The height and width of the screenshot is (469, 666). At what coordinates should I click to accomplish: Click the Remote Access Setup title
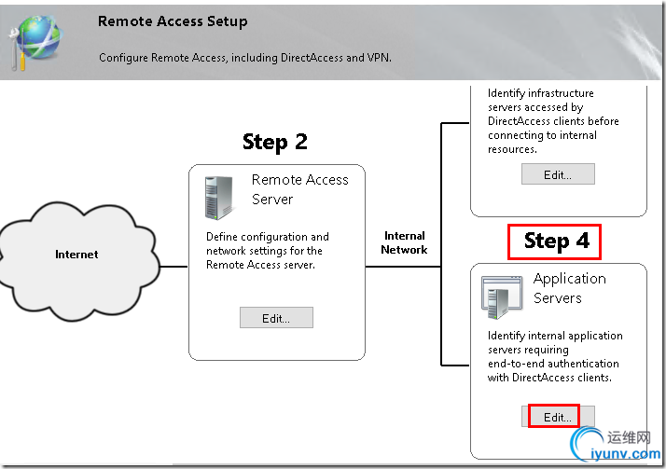coord(173,21)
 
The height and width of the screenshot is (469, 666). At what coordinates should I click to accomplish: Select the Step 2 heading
coord(275,142)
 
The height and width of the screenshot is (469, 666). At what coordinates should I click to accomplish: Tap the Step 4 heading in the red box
coord(557,241)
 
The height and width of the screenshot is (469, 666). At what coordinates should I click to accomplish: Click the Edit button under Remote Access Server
coord(276,318)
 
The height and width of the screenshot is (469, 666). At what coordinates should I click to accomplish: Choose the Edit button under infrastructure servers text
coord(558,174)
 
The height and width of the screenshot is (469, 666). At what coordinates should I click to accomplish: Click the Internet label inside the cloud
coord(76,255)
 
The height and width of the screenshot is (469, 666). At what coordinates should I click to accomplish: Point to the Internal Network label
coord(404,242)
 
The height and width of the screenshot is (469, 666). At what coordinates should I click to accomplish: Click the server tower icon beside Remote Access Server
coord(219,198)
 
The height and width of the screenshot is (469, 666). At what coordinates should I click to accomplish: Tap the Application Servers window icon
coord(502,297)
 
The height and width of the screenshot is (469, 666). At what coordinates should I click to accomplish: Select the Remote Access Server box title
coord(299,189)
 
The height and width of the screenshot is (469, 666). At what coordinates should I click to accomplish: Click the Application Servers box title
coord(570,288)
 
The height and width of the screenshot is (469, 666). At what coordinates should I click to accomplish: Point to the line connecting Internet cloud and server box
coord(173,267)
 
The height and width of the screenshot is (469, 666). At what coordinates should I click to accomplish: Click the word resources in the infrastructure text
coord(512,149)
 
